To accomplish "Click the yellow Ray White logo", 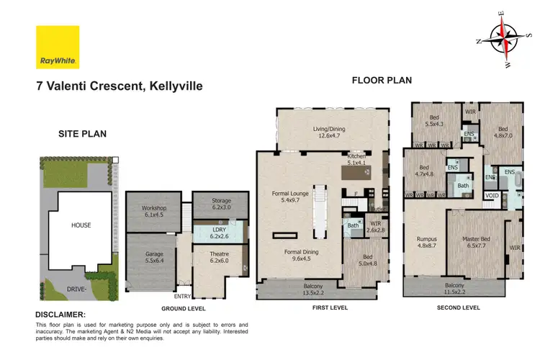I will [58, 48].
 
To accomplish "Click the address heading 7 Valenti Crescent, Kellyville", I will [120, 86].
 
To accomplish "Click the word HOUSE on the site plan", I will [81, 225].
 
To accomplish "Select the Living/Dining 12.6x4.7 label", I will [330, 132].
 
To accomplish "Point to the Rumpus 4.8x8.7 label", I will [422, 242].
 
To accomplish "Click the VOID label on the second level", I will [492, 194].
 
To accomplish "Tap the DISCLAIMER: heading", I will [60, 315].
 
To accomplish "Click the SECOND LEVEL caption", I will [458, 307].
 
